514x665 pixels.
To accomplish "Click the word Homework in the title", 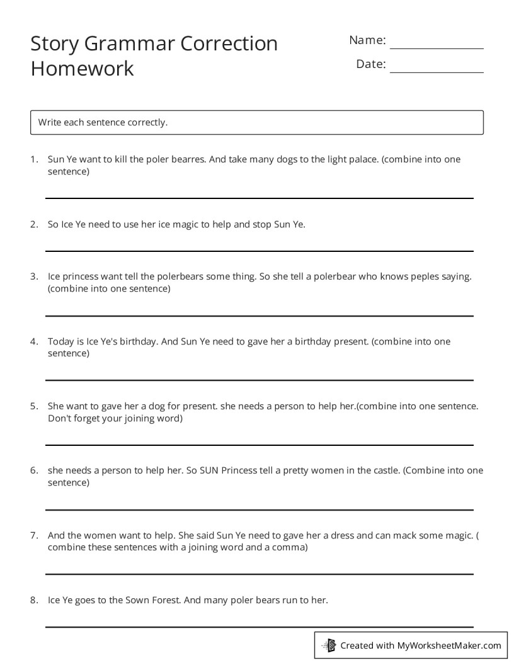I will click(x=82, y=68).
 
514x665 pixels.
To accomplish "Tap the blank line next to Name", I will click(x=437, y=48).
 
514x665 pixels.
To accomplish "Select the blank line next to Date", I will click(x=437, y=72).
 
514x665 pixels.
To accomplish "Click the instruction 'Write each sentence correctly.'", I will click(x=103, y=122).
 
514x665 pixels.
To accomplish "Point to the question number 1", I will click(x=33, y=159).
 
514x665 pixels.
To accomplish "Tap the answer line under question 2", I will click(x=259, y=251).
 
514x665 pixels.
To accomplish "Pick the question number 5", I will click(x=33, y=406).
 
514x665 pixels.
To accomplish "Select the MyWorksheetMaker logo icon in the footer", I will click(x=329, y=645).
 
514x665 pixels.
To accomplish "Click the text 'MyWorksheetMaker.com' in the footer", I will click(x=449, y=645).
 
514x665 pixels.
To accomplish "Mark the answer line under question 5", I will click(x=259, y=445).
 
